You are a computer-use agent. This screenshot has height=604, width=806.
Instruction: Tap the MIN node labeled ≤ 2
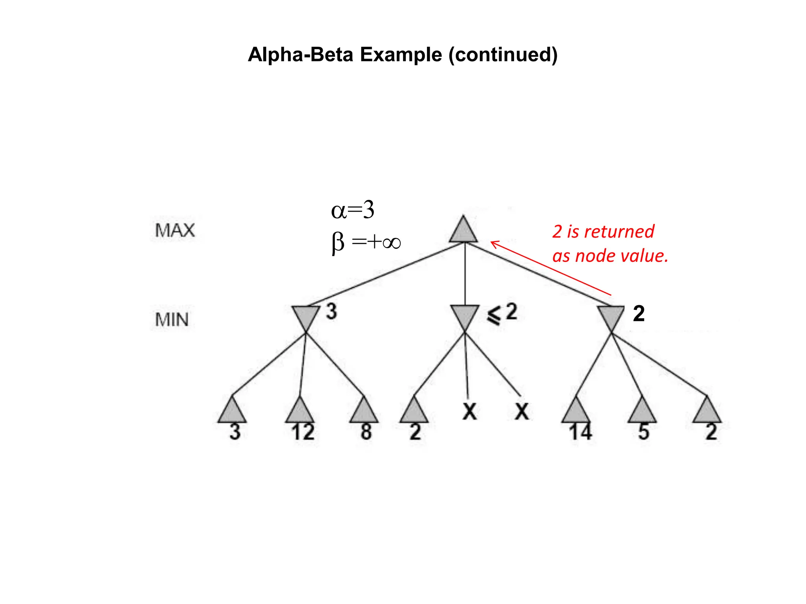pos(465,316)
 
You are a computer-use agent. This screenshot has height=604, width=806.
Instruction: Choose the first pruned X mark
pos(470,412)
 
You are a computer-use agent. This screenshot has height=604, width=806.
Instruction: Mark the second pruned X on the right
pos(522,412)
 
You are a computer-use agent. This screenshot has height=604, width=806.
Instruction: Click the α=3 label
pos(353,210)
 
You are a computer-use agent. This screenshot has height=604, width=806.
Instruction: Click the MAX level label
pos(175,230)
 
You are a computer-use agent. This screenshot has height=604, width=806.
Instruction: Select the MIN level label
pos(172,320)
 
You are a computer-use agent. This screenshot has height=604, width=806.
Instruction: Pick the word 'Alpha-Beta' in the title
pos(300,54)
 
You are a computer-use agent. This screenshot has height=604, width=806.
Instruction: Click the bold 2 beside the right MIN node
pos(639,314)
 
